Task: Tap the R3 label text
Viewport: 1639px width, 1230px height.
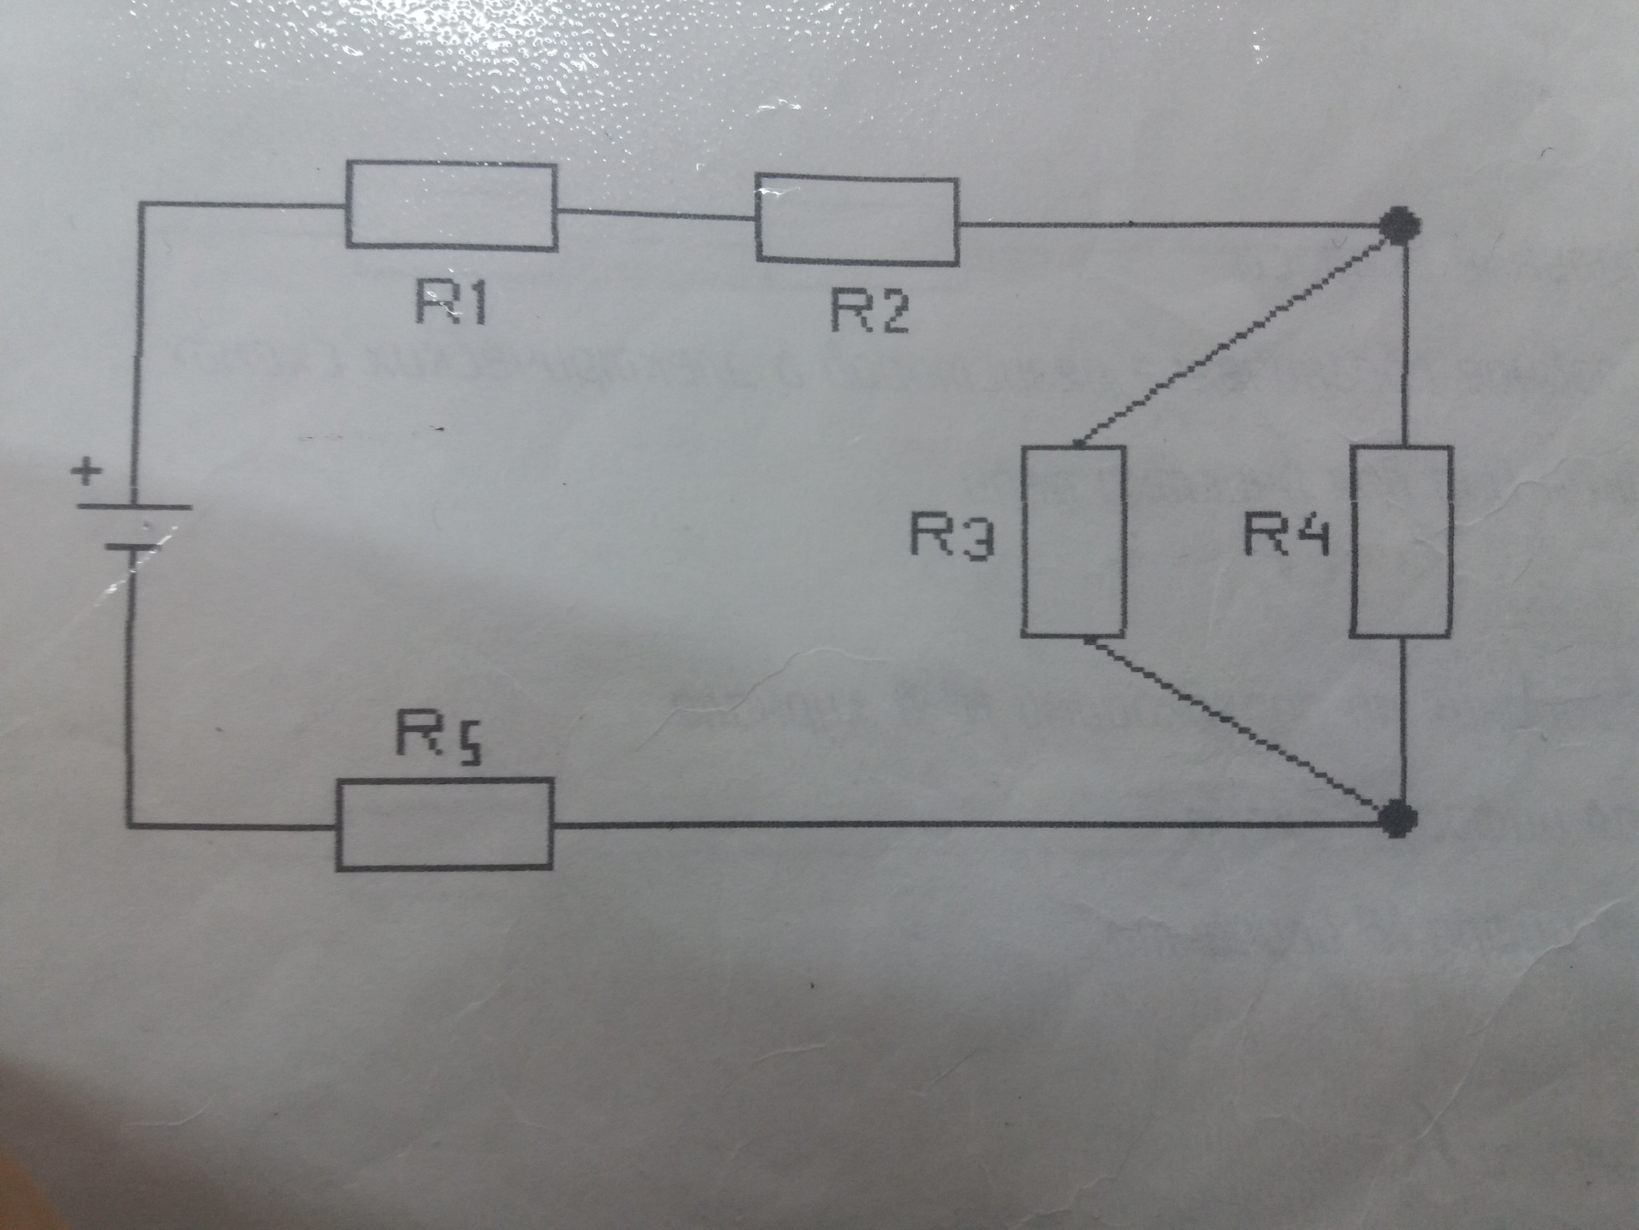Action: pyautogui.click(x=951, y=535)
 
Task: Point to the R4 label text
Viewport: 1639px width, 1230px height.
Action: pyautogui.click(x=1286, y=535)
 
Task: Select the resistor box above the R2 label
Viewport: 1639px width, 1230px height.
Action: pyautogui.click(x=857, y=219)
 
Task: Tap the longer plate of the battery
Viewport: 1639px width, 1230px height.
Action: pyautogui.click(x=133, y=508)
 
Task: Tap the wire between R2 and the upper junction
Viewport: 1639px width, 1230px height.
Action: pyautogui.click(x=1171, y=223)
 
